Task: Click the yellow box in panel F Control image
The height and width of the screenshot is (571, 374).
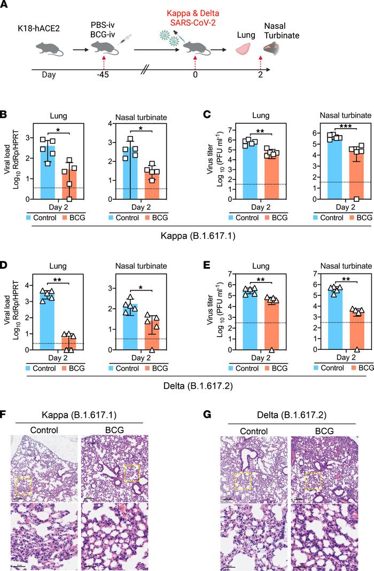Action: click(x=24, y=486)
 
